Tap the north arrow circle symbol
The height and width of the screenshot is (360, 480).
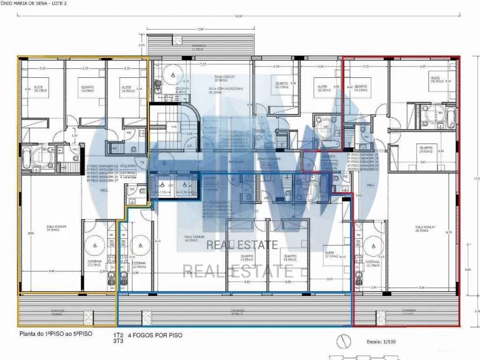[344, 341]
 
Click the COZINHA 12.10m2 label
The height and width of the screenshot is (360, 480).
[95, 263]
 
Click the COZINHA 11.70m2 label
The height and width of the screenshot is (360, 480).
[374, 263]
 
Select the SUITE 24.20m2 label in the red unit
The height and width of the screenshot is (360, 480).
[435, 80]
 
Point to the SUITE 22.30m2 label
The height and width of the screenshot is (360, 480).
[322, 89]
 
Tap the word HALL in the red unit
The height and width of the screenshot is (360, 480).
[370, 186]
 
